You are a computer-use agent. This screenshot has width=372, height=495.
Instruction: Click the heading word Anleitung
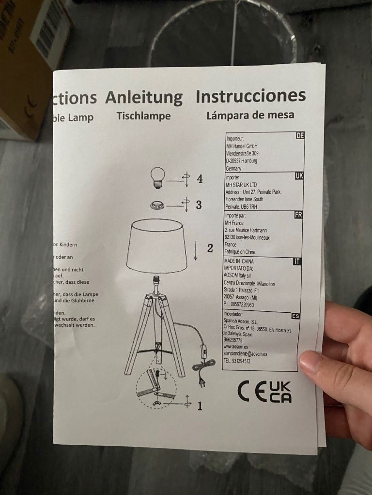pos(144,97)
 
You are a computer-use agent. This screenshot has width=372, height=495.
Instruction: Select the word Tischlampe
pos(143,116)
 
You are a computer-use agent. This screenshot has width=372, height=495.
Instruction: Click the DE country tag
pos(300,136)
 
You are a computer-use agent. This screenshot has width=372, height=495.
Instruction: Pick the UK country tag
pos(299,176)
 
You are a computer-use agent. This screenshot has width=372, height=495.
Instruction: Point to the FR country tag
pos(298,215)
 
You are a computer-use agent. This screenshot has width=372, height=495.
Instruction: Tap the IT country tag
pos(297,262)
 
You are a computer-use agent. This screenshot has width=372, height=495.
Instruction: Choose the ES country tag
pos(295,316)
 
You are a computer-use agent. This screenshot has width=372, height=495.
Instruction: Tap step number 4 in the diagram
pos(200,179)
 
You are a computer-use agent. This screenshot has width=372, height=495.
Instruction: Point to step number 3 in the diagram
pos(199,204)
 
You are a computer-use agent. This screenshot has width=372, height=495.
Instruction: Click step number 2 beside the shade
pos(210,248)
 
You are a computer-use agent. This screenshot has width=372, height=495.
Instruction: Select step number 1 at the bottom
pos(199,406)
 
